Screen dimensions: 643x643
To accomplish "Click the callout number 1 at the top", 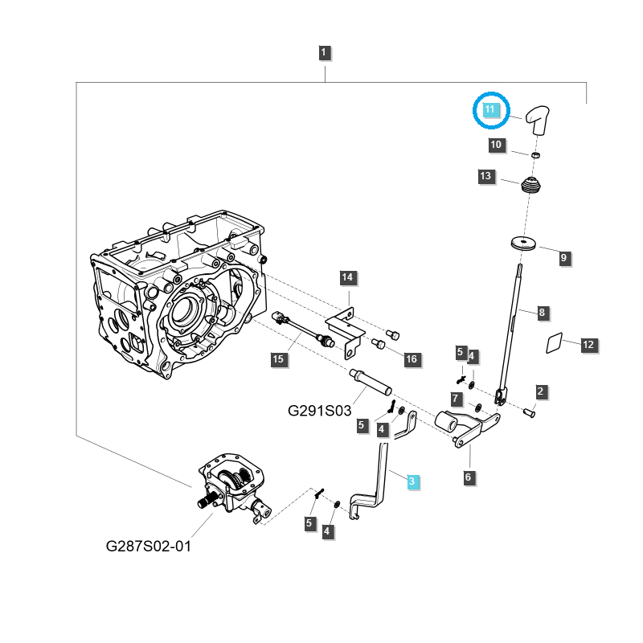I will click(x=323, y=54).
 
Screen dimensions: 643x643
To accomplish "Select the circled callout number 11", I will click(x=491, y=109).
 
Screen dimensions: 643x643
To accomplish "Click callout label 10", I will click(x=496, y=145).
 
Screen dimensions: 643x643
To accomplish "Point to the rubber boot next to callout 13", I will click(x=529, y=185).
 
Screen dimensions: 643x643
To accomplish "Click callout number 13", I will click(x=485, y=176).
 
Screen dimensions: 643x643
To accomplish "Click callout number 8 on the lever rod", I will click(x=542, y=312).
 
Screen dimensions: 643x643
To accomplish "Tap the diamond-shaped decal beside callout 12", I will click(x=555, y=343).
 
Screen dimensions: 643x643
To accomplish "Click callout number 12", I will click(x=588, y=344).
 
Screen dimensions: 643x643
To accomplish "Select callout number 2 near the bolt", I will click(x=541, y=391).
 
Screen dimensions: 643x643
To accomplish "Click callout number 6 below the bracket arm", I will click(x=469, y=477).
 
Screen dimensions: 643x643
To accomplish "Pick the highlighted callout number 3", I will click(x=412, y=481).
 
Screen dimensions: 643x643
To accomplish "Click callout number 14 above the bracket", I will click(x=346, y=278).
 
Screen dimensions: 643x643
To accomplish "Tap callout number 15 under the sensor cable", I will click(x=277, y=359).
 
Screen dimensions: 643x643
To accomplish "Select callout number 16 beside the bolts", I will click(x=411, y=359).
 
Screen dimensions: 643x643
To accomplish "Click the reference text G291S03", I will click(x=320, y=410).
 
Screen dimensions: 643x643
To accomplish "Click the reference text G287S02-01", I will click(x=149, y=547).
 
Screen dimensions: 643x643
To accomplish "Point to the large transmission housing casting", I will click(x=177, y=297).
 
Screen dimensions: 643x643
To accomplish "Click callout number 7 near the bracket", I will click(x=456, y=399).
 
